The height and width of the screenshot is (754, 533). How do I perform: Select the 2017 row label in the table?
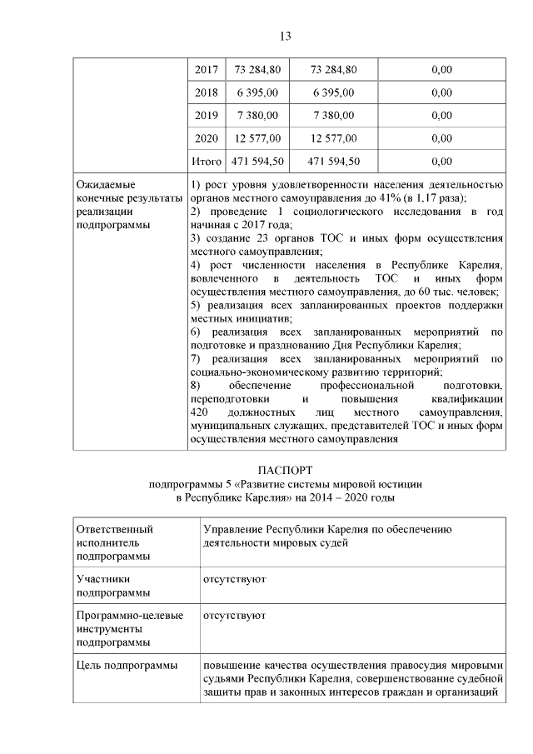206,69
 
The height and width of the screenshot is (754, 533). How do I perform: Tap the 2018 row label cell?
206,92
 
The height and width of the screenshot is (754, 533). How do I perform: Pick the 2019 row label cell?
206,115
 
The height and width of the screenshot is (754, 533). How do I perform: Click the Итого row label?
206,161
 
